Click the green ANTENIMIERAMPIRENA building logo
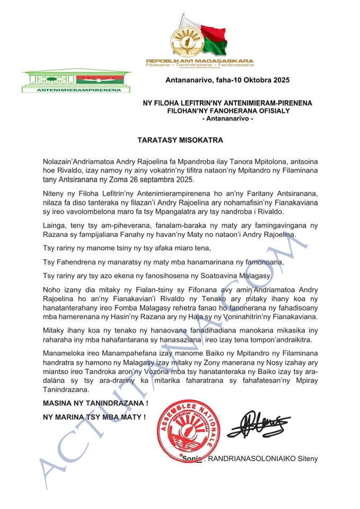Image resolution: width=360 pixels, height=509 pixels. click(76, 81)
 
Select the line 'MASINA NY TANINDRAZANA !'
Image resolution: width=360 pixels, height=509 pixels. click(95, 403)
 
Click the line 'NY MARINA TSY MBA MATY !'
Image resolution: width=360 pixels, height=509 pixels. click(94, 417)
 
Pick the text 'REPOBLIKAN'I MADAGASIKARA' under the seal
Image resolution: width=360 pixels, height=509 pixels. click(200, 60)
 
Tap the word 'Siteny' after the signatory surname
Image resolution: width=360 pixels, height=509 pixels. click(308, 458)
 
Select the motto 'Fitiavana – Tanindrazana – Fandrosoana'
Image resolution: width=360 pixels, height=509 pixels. click(200, 65)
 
